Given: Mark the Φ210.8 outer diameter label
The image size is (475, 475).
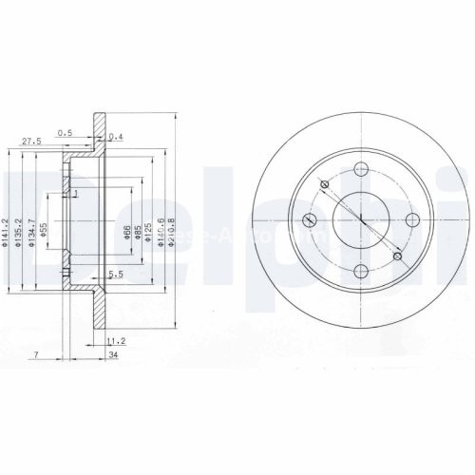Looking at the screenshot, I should click(x=172, y=229).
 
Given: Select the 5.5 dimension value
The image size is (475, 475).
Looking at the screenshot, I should click(x=116, y=275).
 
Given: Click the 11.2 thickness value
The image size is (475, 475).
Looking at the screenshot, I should click(x=117, y=339).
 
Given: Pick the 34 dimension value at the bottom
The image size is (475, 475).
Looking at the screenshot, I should click(x=113, y=356).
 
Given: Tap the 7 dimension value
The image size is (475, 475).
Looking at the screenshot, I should click(x=34, y=355).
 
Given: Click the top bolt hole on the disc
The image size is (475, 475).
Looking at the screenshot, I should click(x=360, y=170).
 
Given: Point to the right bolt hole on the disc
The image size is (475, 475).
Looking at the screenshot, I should click(x=410, y=221).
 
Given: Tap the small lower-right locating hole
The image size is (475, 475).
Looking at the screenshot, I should click(x=397, y=256).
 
